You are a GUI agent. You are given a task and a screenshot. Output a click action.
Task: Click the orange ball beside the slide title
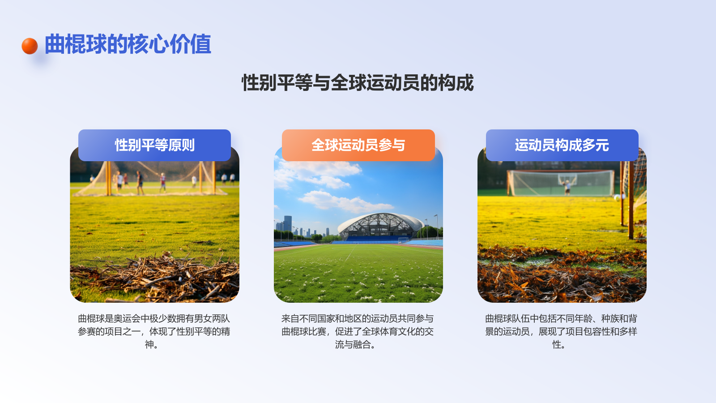coord(30,46)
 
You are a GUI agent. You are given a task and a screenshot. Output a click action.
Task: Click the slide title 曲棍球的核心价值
coord(128,44)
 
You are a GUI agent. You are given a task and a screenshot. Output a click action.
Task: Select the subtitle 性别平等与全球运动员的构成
coord(358,83)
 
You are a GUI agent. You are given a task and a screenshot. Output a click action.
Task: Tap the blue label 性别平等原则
coord(154,145)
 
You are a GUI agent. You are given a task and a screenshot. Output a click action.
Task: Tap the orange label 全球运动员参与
coord(358,145)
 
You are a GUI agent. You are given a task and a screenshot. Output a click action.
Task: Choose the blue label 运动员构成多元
coord(562,145)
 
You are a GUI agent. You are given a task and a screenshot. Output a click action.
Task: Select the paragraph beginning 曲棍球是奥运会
coord(154,331)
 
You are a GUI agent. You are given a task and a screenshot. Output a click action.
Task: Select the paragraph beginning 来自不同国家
coord(358,331)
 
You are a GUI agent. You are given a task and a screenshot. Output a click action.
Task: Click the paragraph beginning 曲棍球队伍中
coord(561,331)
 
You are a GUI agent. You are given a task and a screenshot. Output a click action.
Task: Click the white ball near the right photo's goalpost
coord(617,197)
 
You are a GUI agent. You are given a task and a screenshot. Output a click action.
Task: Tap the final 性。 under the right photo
coord(558,344)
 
